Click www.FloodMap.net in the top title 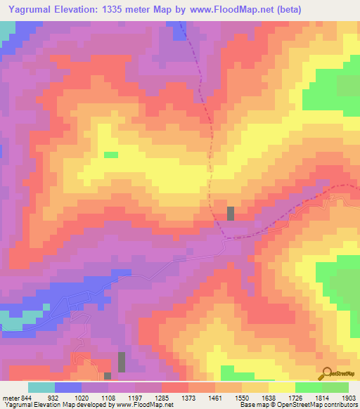[236, 9]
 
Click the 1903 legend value [347, 398]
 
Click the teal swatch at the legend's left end [41, 387]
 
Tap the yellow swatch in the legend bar [282, 387]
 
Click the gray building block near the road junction [231, 214]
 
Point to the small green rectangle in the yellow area [111, 155]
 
